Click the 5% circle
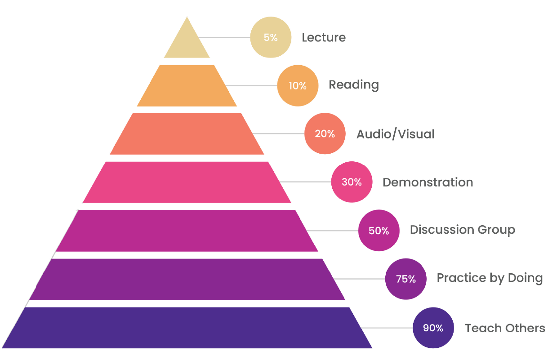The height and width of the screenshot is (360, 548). click(x=271, y=37)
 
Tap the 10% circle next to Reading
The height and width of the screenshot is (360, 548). click(x=298, y=85)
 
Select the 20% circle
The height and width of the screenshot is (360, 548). click(x=325, y=133)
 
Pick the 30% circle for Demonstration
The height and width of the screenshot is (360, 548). click(x=352, y=182)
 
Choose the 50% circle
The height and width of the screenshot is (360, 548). click(x=379, y=231)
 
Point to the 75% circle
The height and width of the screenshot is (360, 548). click(x=405, y=279)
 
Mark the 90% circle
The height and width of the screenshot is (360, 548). click(x=433, y=328)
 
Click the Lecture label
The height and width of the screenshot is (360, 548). click(x=324, y=37)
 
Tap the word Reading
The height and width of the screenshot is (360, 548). click(x=354, y=85)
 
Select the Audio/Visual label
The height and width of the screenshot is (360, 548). click(x=396, y=134)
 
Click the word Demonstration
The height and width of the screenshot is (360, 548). click(x=428, y=182)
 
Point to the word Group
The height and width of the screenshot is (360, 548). click(x=496, y=231)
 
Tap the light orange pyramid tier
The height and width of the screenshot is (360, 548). click(x=187, y=86)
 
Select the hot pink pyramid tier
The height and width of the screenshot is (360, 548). click(x=187, y=182)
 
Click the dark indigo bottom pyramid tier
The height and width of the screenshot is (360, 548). click(x=187, y=328)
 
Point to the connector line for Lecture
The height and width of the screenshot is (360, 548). click(x=225, y=37)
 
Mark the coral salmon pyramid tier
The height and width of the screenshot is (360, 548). click(x=187, y=134)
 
